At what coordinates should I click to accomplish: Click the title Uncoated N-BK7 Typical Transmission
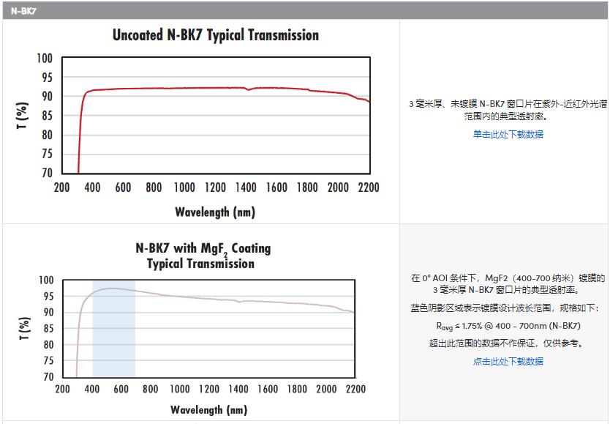[215, 35]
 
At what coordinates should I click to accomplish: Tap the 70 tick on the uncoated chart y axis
[46, 173]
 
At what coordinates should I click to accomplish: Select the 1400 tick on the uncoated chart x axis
[246, 187]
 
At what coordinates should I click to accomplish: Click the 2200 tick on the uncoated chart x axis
[369, 187]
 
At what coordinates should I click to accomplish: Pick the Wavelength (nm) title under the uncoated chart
[215, 212]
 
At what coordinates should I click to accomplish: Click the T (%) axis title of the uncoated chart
[23, 116]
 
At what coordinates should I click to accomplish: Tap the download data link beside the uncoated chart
[508, 134]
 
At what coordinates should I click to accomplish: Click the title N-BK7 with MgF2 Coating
[203, 249]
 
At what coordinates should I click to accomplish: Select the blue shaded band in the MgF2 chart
[113, 328]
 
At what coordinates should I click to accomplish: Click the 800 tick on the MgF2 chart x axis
[150, 389]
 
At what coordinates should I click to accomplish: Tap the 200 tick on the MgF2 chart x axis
[62, 389]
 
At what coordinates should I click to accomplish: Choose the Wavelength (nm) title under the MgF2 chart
[208, 410]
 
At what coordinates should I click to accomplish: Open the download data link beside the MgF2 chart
[508, 361]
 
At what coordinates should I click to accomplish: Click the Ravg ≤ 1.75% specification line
[508, 326]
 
